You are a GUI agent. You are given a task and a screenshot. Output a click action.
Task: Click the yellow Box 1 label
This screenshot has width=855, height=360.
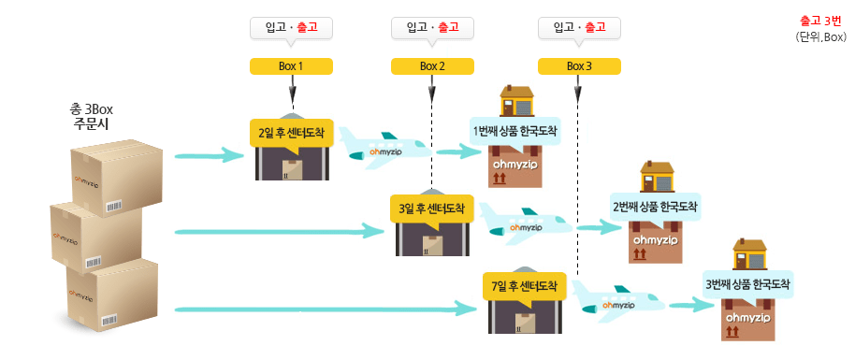coord(292,66)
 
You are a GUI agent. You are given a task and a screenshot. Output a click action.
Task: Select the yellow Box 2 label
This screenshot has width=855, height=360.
coord(432,66)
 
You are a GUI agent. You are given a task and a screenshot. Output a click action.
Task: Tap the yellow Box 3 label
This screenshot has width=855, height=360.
coord(579,66)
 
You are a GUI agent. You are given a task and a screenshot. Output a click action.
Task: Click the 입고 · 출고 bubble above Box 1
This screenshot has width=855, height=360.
coord(292,28)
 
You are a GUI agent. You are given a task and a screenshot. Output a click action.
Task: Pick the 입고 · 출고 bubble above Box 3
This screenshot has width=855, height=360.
coord(579,28)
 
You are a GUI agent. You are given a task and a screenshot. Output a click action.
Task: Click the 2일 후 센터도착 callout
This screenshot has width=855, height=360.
coord(294,131)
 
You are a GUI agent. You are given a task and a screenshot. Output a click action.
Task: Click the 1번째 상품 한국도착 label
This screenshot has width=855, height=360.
coord(514,131)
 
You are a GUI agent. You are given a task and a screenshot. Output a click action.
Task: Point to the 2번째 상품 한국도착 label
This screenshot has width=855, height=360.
coord(655,207)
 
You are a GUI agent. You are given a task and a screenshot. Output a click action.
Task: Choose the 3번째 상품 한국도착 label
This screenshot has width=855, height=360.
coord(747,284)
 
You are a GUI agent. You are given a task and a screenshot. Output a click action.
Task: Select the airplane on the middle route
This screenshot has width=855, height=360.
coord(525,225)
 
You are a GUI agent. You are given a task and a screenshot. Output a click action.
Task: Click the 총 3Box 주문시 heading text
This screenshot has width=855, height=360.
coord(93,116)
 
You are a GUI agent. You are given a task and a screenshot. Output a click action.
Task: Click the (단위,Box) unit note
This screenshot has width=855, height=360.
coord(820,37)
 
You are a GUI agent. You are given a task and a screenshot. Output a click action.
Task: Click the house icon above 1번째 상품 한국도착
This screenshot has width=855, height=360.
coord(516,100)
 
